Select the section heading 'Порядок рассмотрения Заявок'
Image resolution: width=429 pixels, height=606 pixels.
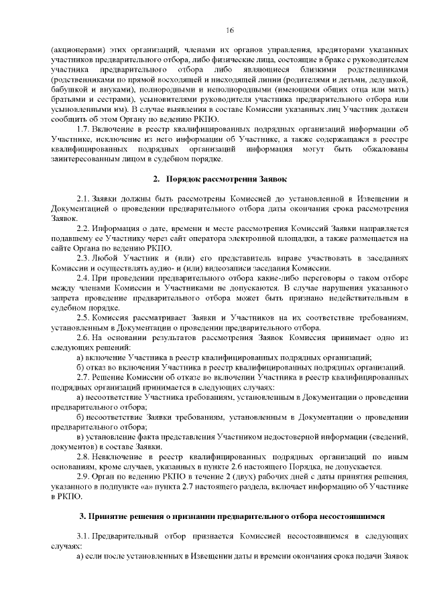[x=231, y=179]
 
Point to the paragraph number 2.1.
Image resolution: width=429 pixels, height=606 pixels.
[x=84, y=199]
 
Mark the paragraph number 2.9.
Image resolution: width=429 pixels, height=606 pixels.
[x=84, y=477]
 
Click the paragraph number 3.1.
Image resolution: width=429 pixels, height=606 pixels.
[x=84, y=537]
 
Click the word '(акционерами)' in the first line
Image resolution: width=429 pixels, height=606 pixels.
[x=74, y=50]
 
